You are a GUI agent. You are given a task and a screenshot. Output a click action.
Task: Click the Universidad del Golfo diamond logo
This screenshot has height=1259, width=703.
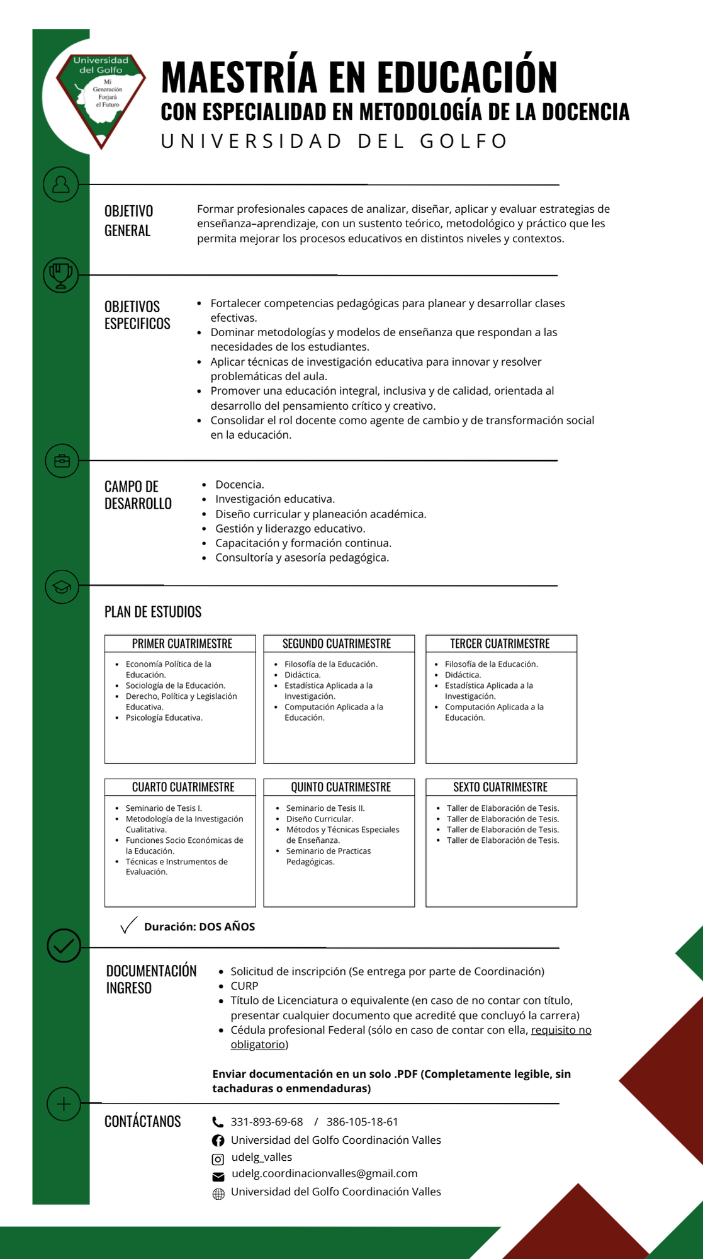(101, 94)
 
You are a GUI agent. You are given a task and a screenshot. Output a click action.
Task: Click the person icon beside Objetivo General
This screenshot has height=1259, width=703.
(61, 184)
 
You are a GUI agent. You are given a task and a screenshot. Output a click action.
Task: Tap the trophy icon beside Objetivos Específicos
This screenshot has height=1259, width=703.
(61, 274)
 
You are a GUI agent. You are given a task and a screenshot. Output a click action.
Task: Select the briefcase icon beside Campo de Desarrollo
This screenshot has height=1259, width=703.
(62, 461)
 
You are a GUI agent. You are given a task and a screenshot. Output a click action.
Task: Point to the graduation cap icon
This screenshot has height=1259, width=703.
(62, 587)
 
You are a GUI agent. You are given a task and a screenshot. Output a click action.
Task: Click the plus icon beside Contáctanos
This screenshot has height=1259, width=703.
(64, 1104)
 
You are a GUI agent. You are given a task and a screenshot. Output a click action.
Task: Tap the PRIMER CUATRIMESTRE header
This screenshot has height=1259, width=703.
(182, 643)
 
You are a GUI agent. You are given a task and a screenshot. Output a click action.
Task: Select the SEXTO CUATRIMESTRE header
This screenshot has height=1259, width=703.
(500, 787)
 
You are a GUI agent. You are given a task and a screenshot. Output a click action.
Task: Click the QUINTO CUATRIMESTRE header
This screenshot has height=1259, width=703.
(340, 787)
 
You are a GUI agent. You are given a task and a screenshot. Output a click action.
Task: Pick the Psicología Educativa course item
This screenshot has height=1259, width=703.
(164, 718)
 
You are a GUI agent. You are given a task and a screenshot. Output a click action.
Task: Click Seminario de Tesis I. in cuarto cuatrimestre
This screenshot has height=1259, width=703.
(164, 808)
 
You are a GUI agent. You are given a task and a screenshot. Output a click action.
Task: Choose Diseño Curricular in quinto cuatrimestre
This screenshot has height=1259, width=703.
(319, 819)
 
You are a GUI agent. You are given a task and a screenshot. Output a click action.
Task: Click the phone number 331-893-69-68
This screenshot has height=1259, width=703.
(267, 1122)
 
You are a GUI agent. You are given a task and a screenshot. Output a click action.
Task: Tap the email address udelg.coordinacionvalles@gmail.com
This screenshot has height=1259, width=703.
(324, 1173)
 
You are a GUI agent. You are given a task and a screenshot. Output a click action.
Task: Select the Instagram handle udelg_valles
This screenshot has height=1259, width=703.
(261, 1157)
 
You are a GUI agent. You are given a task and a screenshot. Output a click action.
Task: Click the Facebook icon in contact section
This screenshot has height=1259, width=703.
(218, 1141)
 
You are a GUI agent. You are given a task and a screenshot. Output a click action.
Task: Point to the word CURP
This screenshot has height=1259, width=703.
(244, 986)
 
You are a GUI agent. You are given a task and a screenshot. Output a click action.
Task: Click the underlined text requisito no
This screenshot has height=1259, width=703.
(561, 1030)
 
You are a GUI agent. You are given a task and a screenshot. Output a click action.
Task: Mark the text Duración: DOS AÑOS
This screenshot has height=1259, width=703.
(199, 927)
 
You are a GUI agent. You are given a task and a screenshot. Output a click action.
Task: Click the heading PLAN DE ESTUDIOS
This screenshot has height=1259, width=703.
(153, 612)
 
